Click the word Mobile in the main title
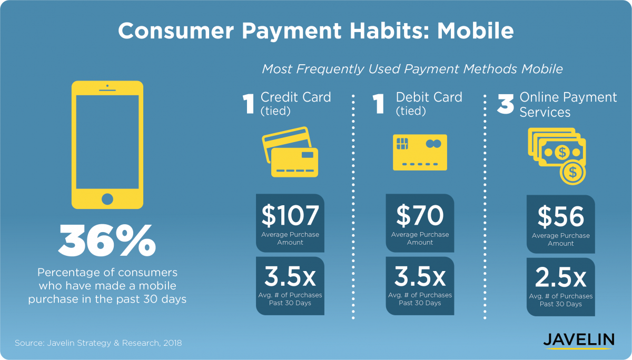[x=476, y=31]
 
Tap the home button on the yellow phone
[x=107, y=199]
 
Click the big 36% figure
[x=107, y=241]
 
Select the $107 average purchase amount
[x=290, y=216]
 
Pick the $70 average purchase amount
[x=420, y=216]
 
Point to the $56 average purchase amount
[x=560, y=217]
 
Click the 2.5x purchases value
[x=560, y=278]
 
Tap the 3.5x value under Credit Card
[x=290, y=276]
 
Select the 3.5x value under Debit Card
[x=420, y=276]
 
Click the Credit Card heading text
[x=295, y=97]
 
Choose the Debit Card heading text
[x=429, y=97]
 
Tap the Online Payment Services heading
[x=568, y=105]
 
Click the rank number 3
[x=505, y=104]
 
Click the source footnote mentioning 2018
[x=98, y=343]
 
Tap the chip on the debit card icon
[x=402, y=144]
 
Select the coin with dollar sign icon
[x=573, y=172]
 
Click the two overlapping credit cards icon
[x=290, y=152]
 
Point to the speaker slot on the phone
[x=107, y=90]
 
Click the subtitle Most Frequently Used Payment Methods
[x=412, y=69]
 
